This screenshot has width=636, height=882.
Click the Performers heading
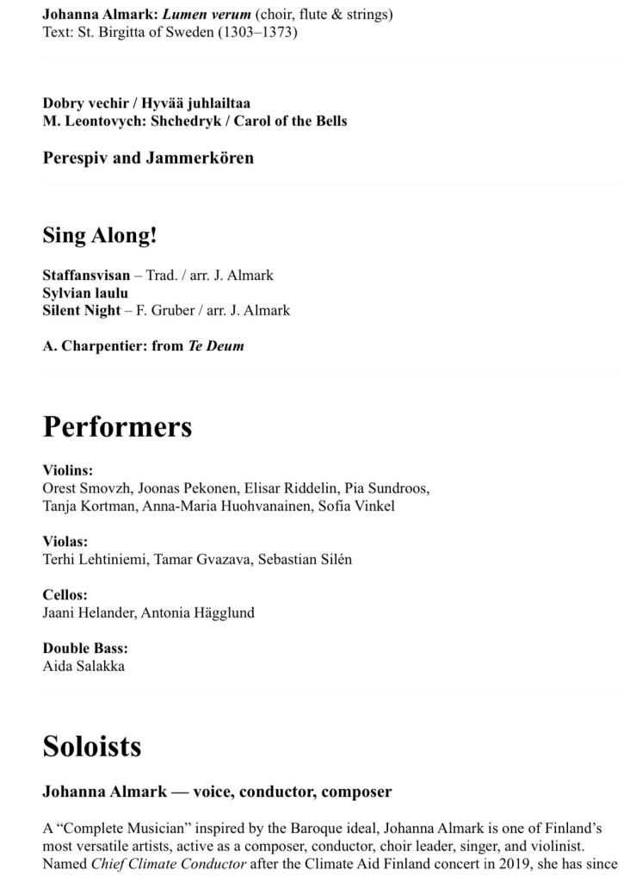(117, 427)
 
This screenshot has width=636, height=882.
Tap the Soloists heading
(92, 745)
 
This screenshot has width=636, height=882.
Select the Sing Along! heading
(100, 235)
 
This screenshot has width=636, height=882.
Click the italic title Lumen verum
(207, 15)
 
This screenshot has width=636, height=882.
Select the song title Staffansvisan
(86, 276)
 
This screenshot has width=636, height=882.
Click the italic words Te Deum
(216, 346)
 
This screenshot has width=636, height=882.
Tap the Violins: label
(67, 470)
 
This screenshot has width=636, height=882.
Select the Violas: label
(65, 542)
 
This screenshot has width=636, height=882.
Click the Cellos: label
(65, 595)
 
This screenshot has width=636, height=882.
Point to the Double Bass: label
(85, 649)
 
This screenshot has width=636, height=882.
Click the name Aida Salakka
(83, 666)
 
